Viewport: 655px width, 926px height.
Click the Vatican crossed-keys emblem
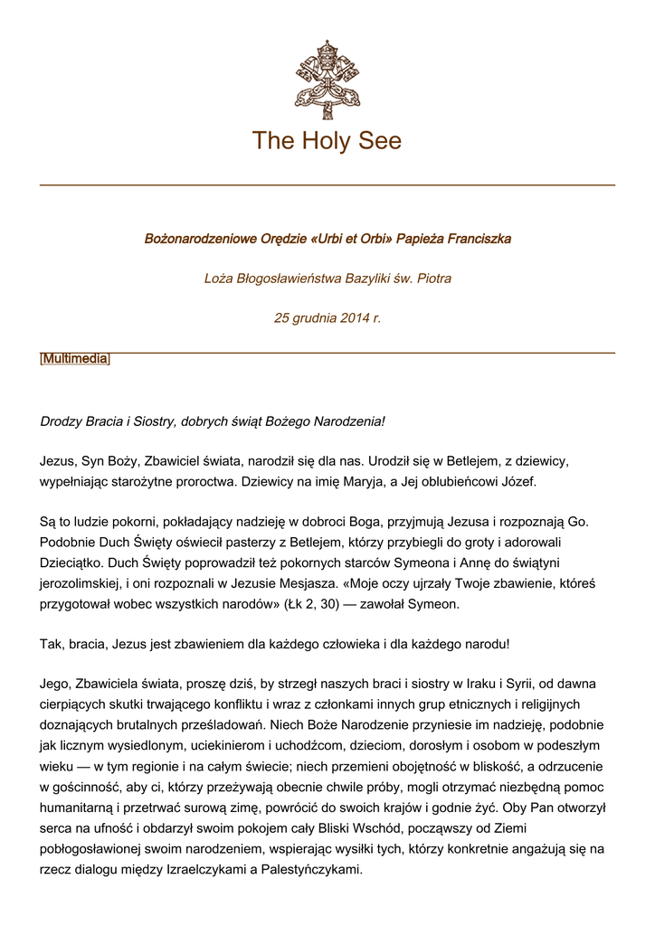(327, 80)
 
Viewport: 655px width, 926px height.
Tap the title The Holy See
(327, 141)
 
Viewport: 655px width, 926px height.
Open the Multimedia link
(75, 359)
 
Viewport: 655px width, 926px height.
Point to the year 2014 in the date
(356, 318)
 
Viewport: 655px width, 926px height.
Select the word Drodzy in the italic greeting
(62, 421)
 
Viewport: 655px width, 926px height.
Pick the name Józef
(517, 481)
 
